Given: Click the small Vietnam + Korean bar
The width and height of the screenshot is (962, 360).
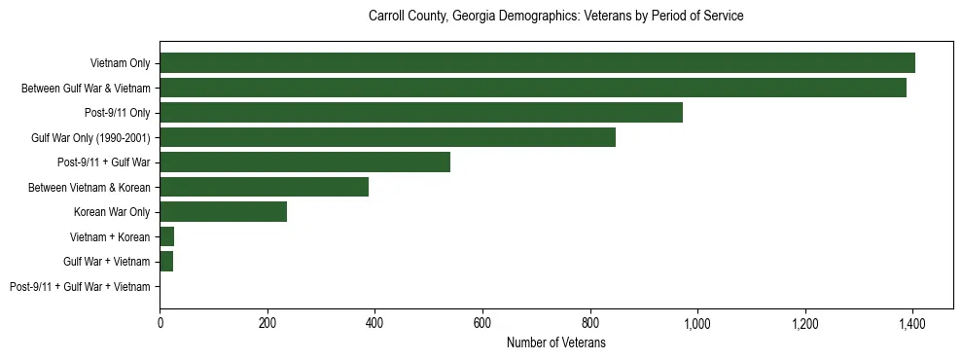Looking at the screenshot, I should [x=166, y=236].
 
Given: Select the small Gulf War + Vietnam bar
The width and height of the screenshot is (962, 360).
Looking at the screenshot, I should [x=166, y=262].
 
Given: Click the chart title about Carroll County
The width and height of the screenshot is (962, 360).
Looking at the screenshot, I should [x=555, y=17].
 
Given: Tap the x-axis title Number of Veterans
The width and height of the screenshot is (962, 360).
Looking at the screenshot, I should [x=555, y=342].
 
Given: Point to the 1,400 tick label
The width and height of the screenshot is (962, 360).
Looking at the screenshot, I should [x=912, y=322].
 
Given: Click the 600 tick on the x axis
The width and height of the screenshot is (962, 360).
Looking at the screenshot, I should [x=482, y=322].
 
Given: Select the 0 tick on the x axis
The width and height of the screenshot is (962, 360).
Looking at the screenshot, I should [x=160, y=322].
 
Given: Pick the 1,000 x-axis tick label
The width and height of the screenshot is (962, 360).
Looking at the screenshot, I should [x=697, y=322].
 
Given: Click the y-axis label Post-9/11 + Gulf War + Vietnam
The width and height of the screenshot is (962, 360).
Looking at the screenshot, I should [x=80, y=287].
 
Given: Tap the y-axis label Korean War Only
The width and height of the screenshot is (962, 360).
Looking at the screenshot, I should [x=112, y=212].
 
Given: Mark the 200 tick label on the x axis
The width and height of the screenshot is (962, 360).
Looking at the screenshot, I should [x=267, y=322].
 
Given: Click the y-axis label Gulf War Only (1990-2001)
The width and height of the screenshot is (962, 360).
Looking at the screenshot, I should [x=90, y=137].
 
